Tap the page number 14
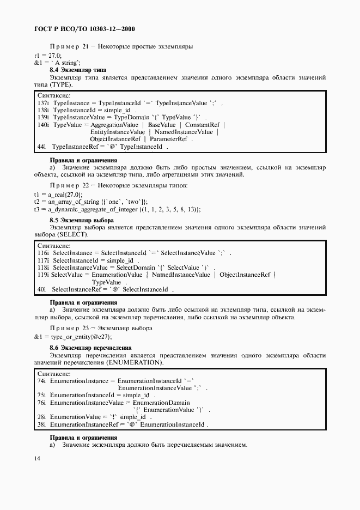click(x=37, y=458)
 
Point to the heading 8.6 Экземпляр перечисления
click(x=90, y=347)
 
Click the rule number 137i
click(x=43, y=102)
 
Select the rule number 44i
click(x=42, y=147)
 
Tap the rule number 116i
click(x=43, y=253)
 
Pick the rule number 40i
click(x=41, y=289)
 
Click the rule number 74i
click(x=41, y=381)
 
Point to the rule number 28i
click(x=41, y=416)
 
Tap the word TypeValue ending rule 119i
click(x=107, y=282)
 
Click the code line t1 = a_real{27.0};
click(x=58, y=195)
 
